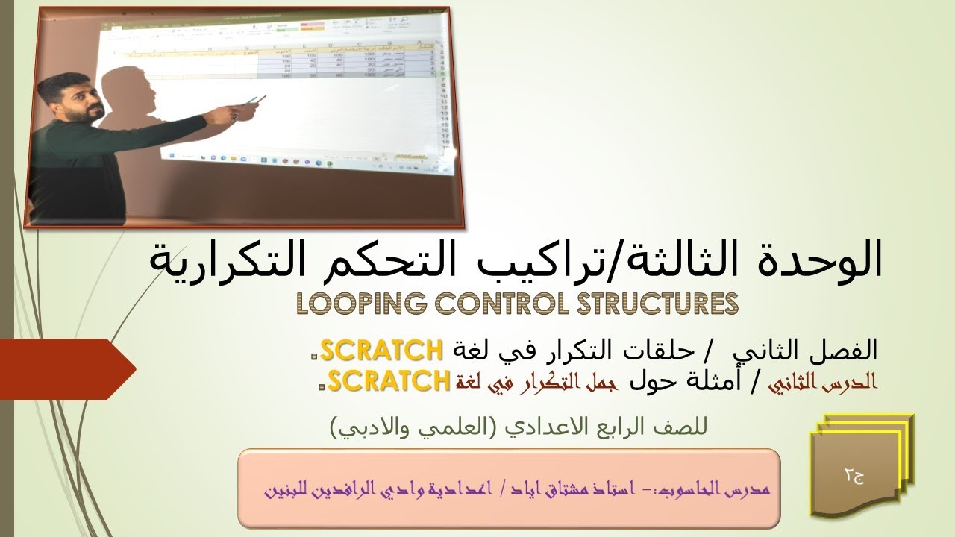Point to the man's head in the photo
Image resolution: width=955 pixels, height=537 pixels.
point(72,97)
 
